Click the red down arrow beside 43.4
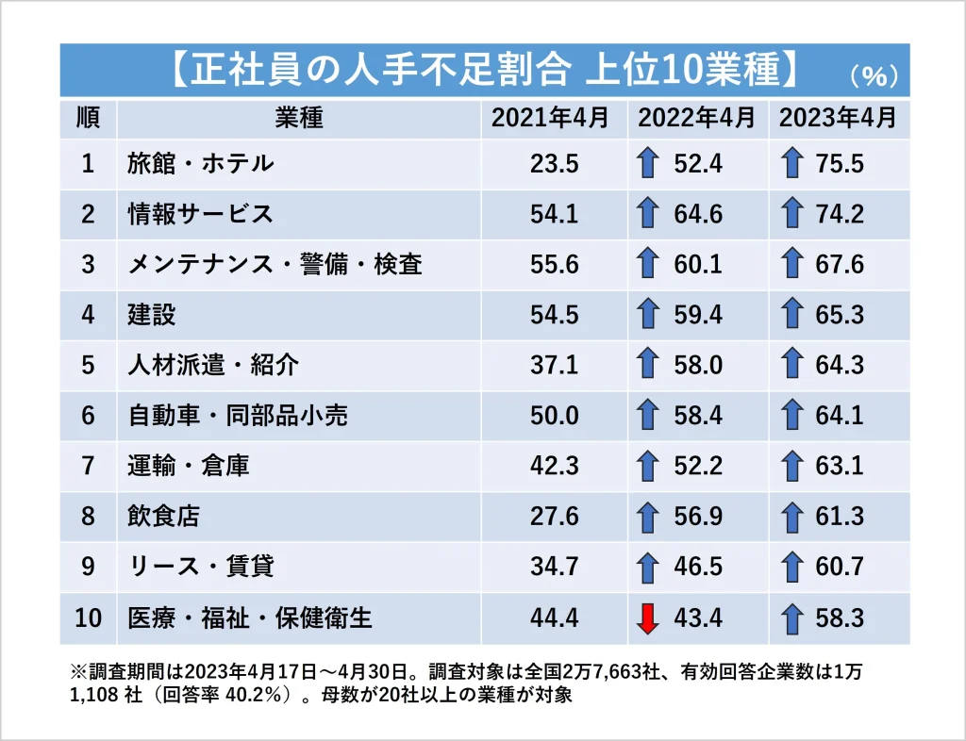[646, 618]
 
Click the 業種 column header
[299, 119]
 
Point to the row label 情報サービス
[200, 214]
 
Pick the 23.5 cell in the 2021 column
[555, 164]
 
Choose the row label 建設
[152, 315]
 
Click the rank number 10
[88, 618]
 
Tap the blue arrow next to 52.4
[646, 164]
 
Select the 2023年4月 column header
[838, 119]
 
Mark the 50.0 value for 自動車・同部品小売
[555, 416]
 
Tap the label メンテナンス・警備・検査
[275, 265]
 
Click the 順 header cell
[88, 119]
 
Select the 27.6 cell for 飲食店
[555, 517]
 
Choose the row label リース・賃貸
[188, 568]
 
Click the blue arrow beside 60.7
[792, 568]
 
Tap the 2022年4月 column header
[696, 119]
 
